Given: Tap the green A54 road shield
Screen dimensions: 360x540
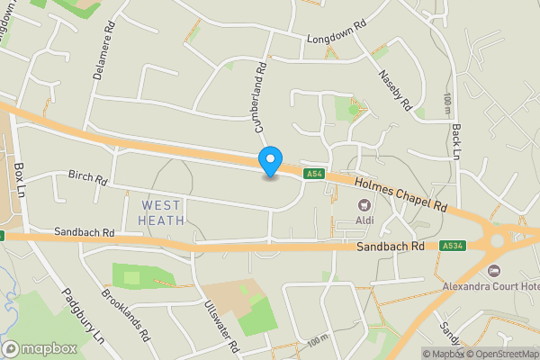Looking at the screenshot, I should pyautogui.click(x=313, y=174).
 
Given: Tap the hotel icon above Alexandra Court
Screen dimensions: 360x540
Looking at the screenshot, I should pyautogui.click(x=491, y=271).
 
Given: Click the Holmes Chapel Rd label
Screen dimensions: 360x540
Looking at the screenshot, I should pyautogui.click(x=400, y=194).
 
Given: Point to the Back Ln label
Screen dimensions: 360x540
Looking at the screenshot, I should pyautogui.click(x=456, y=142).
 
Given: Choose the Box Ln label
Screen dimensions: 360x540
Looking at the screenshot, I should pyautogui.click(x=20, y=181).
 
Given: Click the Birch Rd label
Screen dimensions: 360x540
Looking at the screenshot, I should pyautogui.click(x=88, y=178).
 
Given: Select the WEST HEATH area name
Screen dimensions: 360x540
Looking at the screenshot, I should pyautogui.click(x=163, y=212).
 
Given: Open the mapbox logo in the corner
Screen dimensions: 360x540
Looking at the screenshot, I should pyautogui.click(x=40, y=348).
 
